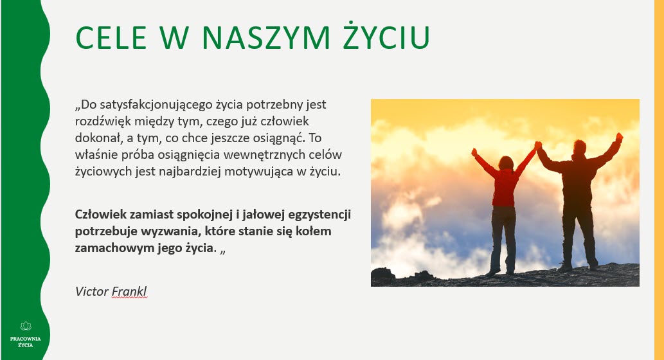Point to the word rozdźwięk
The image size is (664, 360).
click(x=101, y=122)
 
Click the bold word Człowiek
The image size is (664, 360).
click(x=100, y=213)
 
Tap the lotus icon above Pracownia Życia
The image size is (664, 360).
click(x=26, y=326)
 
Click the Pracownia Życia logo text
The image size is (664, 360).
click(x=26, y=341)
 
